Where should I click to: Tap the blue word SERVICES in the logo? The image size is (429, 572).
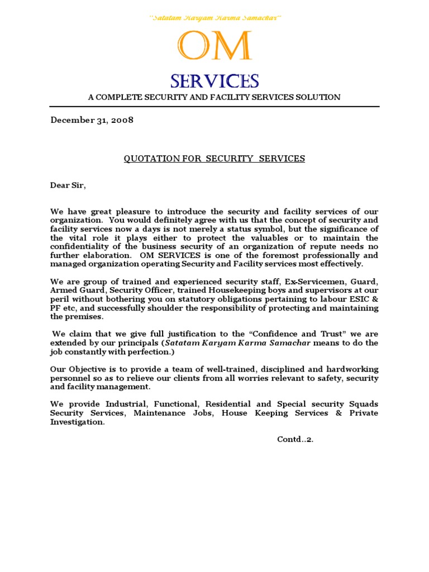click(214, 82)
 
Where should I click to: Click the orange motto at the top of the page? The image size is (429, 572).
click(214, 18)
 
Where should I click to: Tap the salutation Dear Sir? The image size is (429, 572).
click(68, 185)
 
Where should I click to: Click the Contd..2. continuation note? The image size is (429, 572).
click(295, 439)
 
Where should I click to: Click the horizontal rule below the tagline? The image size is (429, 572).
click(214, 107)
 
